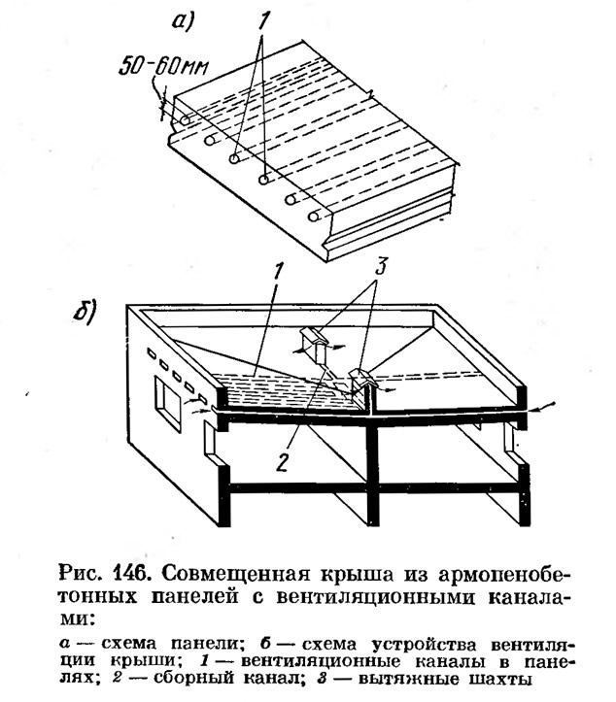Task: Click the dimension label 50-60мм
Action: coord(164,67)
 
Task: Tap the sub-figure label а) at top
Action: coord(183,22)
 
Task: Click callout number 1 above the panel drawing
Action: coord(263,20)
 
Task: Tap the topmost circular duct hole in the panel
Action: coord(185,120)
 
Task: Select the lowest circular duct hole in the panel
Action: coord(314,217)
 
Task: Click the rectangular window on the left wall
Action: coord(167,403)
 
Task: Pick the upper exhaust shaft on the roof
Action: coord(317,344)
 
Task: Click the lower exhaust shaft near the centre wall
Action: coord(362,382)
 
